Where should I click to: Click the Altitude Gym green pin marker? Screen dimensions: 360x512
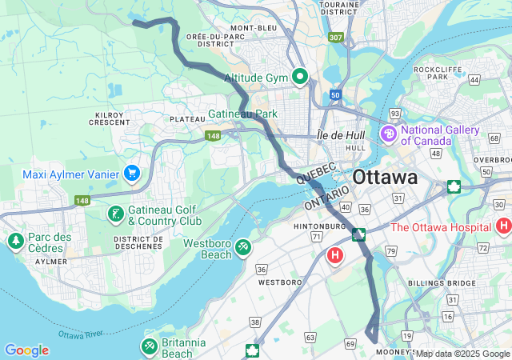point(300,77)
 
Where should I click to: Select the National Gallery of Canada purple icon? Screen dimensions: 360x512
point(390,133)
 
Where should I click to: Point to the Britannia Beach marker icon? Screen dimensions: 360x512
point(148,346)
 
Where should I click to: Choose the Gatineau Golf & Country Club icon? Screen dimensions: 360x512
point(116,214)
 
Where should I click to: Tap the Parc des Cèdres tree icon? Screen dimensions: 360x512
point(14,241)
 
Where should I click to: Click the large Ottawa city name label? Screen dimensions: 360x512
point(385,177)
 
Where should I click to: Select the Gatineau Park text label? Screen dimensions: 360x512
point(243,114)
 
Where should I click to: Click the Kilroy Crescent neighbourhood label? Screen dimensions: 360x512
point(110,118)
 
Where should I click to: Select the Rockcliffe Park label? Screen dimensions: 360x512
point(436,72)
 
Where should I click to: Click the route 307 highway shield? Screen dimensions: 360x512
point(335,37)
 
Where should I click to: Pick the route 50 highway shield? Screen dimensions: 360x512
point(334,95)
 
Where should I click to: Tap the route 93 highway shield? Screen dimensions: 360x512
point(394,114)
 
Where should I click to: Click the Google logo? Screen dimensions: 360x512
point(26,350)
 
